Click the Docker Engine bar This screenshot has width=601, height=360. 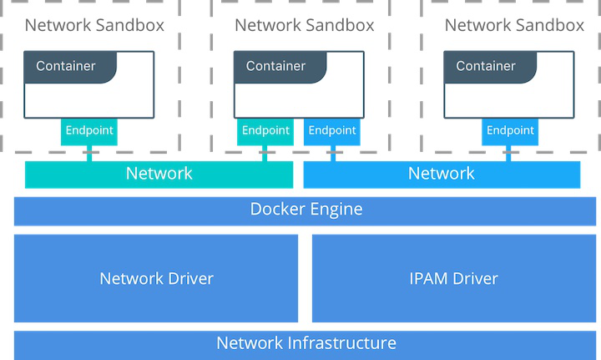pos(306,210)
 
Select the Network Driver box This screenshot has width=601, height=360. pos(156,278)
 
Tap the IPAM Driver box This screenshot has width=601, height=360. pos(454,278)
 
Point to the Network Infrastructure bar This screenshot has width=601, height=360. pos(306,343)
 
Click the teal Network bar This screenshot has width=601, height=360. pos(159,174)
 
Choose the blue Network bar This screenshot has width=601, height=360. pos(441,174)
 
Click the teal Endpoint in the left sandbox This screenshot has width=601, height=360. pos(88,131)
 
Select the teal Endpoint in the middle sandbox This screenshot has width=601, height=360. pos(265,131)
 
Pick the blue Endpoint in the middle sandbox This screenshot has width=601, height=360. pos(332,131)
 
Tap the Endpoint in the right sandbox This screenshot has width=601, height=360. pos(509,131)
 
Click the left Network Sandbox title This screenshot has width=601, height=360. pos(94,25)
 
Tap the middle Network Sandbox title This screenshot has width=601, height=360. pos(305,25)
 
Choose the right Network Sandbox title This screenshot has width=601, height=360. pos(514,25)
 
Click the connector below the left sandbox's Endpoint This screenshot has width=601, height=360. pos(88,153)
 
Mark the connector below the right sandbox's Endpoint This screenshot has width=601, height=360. pos(509,153)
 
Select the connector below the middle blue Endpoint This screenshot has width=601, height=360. pos(332,153)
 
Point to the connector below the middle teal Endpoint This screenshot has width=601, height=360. pos(265,153)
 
